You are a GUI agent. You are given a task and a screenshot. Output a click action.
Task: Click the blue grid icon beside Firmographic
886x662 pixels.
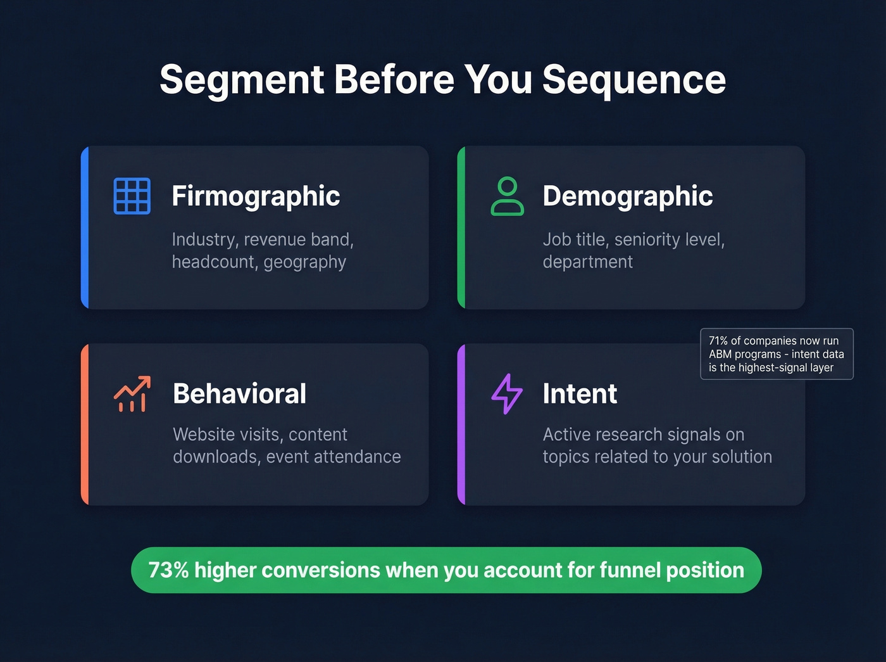(132, 196)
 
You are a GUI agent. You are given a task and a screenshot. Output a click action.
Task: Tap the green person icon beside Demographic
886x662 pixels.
(507, 196)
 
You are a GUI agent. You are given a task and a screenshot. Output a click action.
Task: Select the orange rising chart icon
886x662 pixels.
(132, 394)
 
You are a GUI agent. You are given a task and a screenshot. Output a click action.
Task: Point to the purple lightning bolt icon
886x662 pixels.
(507, 394)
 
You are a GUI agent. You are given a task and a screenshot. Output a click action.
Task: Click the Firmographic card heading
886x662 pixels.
(256, 196)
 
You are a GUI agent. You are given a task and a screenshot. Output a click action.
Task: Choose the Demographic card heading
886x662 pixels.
(627, 196)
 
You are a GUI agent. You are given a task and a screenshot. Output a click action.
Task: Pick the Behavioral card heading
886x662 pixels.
(239, 394)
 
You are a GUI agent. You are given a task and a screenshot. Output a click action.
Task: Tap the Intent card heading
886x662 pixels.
(580, 394)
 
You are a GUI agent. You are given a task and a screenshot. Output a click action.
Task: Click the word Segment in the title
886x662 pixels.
(242, 80)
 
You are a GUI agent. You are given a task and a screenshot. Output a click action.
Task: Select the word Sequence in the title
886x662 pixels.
(633, 80)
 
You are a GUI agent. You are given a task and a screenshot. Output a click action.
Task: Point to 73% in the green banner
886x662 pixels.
(168, 570)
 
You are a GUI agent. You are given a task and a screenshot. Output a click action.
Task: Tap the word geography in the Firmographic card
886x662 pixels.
(304, 262)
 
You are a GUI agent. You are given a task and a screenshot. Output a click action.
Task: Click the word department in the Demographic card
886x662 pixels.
(587, 262)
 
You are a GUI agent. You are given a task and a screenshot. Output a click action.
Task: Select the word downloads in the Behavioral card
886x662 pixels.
(216, 457)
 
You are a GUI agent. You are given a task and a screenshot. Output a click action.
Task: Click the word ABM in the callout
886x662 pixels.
(720, 354)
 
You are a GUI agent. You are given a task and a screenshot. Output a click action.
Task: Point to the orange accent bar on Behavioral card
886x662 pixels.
(85, 424)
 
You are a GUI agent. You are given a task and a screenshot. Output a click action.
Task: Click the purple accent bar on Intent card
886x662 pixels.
(461, 424)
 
